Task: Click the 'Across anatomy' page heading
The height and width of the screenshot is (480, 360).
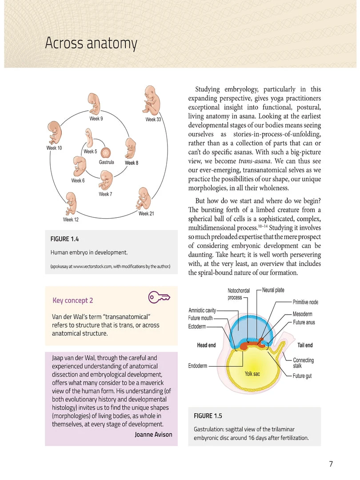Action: pos(91,44)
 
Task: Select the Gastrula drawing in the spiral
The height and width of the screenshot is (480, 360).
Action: pos(106,153)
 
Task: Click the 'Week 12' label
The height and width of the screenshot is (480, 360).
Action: pos(71,220)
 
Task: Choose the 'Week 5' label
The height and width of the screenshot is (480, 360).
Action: pos(90,152)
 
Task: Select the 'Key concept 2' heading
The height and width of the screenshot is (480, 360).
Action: pos(72,300)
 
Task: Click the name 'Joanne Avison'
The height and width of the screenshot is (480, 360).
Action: pos(153,434)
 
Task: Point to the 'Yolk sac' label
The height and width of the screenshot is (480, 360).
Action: pos(252,374)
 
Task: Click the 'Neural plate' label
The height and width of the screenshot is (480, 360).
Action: pos(273,290)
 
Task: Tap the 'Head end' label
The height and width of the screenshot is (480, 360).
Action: pos(206,345)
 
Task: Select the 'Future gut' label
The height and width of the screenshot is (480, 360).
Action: pos(302,376)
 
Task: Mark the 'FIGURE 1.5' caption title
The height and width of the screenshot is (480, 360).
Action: pos(208,416)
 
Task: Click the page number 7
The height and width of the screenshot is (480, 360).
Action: pos(331,464)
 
